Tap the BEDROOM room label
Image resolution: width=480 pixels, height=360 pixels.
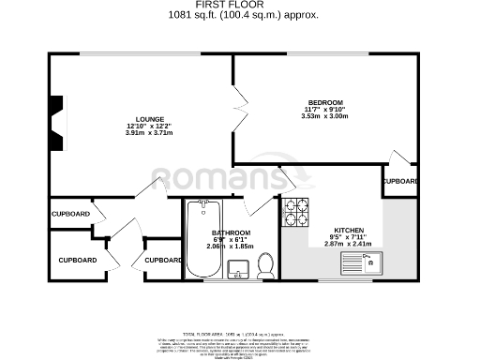325,101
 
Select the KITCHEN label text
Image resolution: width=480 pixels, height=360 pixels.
349,229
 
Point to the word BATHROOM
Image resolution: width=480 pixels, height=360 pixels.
231,232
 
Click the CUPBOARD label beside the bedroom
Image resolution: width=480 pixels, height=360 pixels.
400,180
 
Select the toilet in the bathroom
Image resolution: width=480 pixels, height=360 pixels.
264,265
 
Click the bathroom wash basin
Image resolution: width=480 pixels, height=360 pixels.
237,272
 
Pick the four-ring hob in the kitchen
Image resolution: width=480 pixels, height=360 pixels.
296,213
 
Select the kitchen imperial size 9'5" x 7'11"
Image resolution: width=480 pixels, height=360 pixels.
349,236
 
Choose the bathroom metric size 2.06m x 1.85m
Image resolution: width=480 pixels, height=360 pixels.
231,247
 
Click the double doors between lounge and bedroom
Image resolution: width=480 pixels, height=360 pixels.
230,111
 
